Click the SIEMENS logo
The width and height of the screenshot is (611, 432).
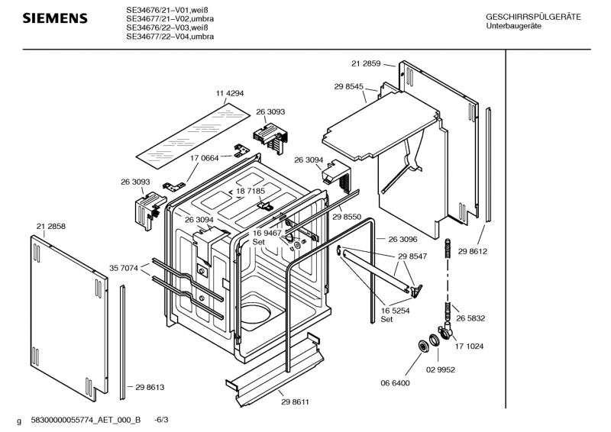pos(55,18)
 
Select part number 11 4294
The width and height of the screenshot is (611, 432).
pos(230,93)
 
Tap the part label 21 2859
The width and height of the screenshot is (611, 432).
pos(366,63)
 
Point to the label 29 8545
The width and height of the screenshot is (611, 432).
pos(349,87)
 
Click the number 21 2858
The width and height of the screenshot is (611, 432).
pos(51,227)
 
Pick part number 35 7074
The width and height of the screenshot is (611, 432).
pos(124,268)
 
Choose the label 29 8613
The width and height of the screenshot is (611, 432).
pos(150,387)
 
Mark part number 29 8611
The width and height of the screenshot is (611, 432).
pos(295,402)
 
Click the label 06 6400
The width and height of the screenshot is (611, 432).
pos(395,383)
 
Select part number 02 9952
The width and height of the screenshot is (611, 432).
pos(441,369)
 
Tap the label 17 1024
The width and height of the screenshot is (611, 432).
pos(469,347)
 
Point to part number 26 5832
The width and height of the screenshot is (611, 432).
pos(470,318)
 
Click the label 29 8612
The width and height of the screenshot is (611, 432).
pos(472,252)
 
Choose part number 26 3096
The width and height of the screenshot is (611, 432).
pos(403,239)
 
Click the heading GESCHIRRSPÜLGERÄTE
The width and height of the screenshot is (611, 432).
pos(533,17)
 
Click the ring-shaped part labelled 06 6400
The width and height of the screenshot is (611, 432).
pos(422,347)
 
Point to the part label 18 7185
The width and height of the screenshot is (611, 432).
pos(251,191)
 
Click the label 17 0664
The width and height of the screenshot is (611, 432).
pos(205,158)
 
